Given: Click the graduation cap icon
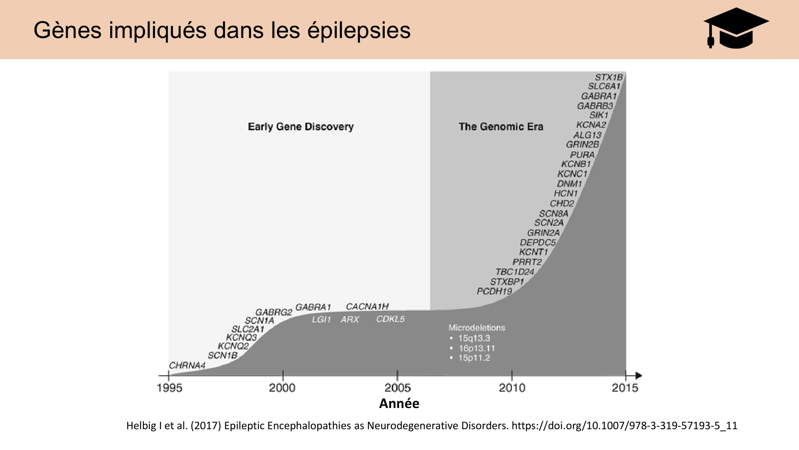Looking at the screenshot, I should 735,29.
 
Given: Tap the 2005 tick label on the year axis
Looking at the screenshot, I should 398,388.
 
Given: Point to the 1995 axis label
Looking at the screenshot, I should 169,388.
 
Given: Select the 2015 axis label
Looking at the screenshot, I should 625,388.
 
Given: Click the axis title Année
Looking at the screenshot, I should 399,403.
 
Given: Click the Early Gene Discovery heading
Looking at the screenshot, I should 300,127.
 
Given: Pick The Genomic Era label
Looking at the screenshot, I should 501,127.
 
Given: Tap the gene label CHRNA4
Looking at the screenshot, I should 187,365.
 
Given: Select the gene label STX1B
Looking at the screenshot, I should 608,77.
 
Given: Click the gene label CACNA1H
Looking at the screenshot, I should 367,307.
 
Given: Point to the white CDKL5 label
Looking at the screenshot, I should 390,319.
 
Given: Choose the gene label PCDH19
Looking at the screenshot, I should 494,291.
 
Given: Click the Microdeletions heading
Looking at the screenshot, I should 477,328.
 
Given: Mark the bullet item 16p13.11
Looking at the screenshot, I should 477,348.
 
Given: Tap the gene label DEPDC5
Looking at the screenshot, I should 537,242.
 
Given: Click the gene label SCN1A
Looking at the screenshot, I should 259,321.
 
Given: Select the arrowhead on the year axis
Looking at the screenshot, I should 638,376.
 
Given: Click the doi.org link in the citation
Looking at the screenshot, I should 624,426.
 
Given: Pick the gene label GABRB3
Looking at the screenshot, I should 594,106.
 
